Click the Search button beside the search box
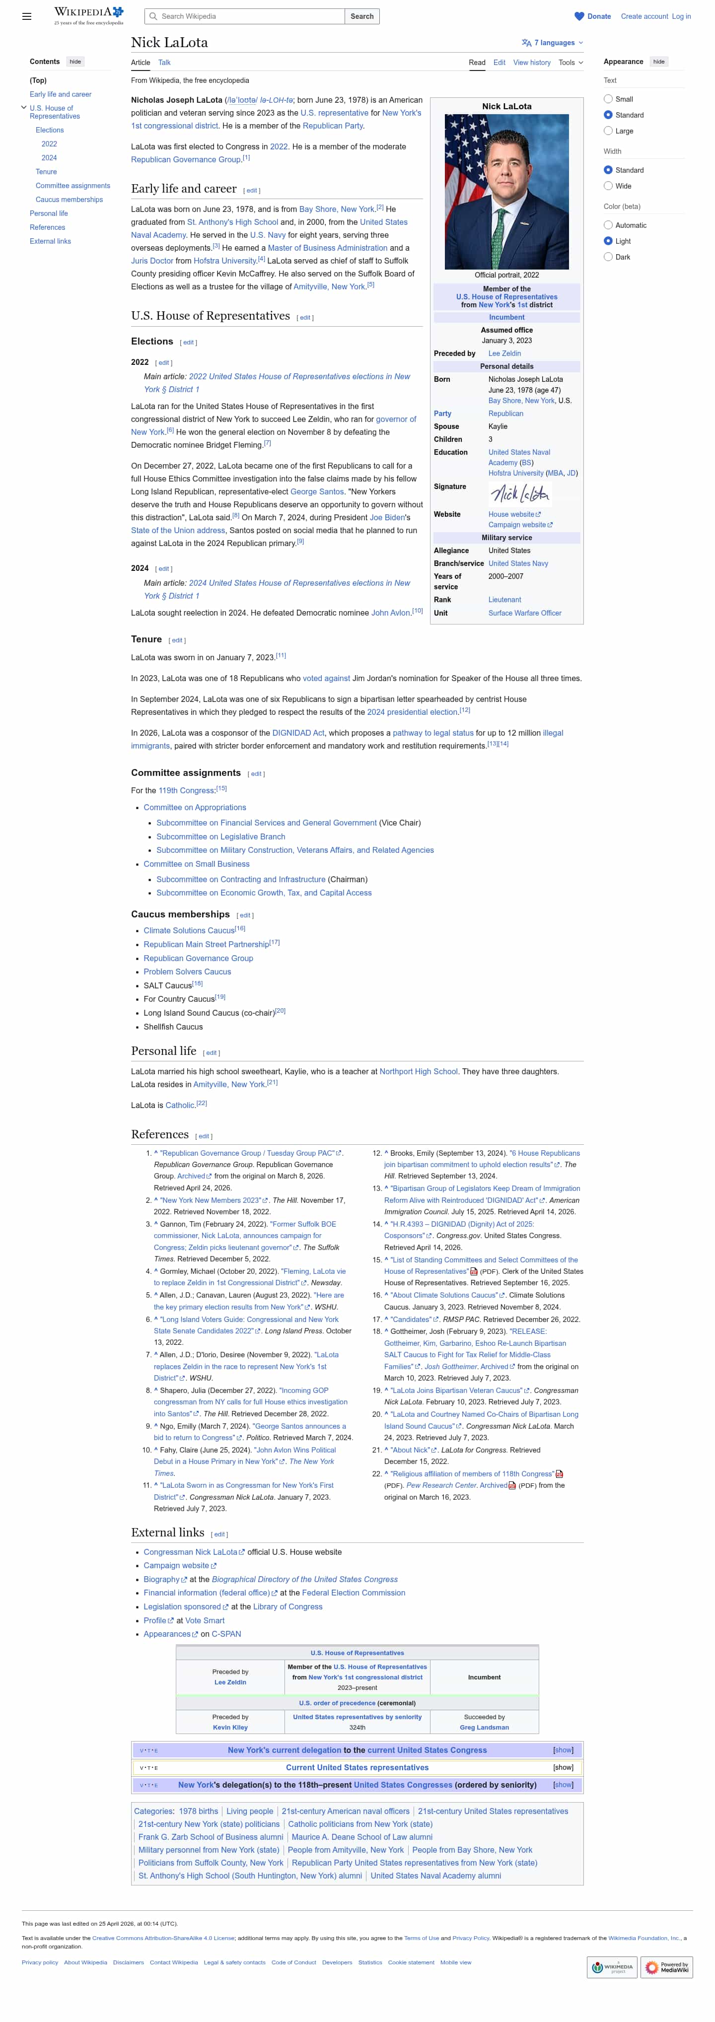362,16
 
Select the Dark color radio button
608,257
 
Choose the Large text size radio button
608,131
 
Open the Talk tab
164,62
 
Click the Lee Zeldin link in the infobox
504,353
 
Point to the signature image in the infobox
519,492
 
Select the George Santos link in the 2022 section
317,491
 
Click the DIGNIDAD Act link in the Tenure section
298,733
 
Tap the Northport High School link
419,1071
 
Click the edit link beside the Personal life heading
211,1053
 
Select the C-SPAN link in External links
226,1633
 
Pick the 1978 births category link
199,1811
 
